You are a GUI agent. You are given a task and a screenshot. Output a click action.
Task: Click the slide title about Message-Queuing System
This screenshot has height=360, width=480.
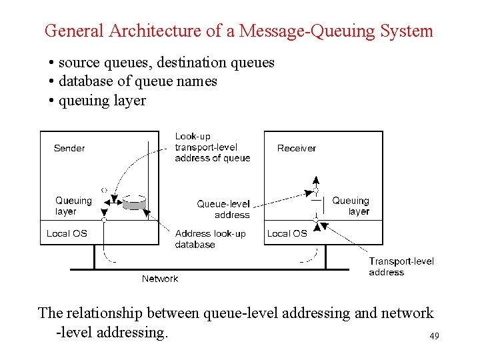pyautogui.click(x=239, y=31)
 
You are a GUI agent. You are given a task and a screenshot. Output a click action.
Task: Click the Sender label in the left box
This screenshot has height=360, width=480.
pyautogui.click(x=69, y=148)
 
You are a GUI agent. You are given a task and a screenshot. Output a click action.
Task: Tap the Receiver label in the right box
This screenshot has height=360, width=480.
pyautogui.click(x=296, y=148)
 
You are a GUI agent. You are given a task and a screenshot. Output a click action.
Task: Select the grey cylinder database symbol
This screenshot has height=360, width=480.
pyautogui.click(x=134, y=202)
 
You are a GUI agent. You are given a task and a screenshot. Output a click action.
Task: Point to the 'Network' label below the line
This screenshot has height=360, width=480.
pyautogui.click(x=160, y=279)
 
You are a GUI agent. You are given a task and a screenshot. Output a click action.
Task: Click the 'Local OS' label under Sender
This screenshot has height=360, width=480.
pyautogui.click(x=67, y=233)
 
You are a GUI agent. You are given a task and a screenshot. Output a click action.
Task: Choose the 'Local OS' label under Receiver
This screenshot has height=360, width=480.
pyautogui.click(x=287, y=233)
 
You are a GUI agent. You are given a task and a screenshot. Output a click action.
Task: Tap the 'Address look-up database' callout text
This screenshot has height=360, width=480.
pyautogui.click(x=210, y=239)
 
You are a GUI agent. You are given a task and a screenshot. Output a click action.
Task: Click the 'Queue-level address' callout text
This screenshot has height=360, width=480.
pyautogui.click(x=223, y=209)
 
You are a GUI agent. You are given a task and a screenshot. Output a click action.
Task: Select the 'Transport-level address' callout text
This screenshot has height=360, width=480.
pyautogui.click(x=401, y=267)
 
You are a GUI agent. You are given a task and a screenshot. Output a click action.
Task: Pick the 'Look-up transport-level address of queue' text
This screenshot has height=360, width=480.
pyautogui.click(x=212, y=147)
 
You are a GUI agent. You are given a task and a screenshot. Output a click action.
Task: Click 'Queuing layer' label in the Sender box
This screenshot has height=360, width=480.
pyautogui.click(x=73, y=206)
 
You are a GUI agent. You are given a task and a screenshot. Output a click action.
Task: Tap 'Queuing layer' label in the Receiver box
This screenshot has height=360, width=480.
pyautogui.click(x=351, y=206)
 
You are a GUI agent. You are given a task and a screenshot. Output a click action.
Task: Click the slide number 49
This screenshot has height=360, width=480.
pyautogui.click(x=434, y=337)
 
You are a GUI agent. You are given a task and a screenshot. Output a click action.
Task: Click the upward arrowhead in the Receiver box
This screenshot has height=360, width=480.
pyautogui.click(x=316, y=179)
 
